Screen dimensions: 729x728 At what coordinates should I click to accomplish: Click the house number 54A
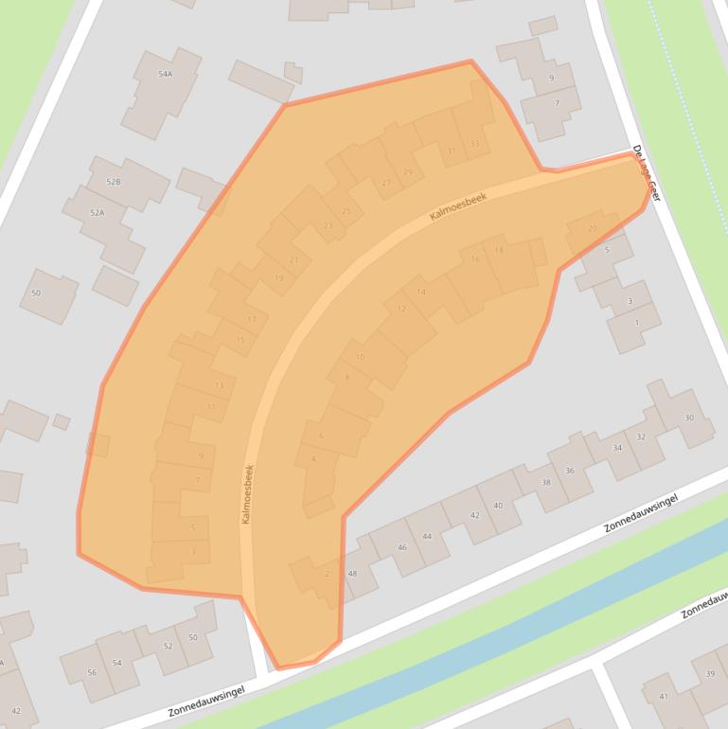tap(166, 74)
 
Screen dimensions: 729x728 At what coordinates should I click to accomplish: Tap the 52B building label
tap(114, 181)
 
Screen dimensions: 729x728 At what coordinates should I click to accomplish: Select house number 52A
tap(97, 213)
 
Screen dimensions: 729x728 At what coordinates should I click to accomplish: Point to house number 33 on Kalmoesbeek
tap(474, 143)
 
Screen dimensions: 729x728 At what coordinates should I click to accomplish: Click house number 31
tap(451, 151)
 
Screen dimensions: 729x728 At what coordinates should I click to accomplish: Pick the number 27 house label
tap(386, 183)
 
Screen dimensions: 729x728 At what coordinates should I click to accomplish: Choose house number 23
tap(328, 225)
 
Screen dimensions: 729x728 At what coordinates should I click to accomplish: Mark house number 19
tap(279, 278)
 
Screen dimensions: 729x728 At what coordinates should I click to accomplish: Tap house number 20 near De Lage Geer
tap(593, 228)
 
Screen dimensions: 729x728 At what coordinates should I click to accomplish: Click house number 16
tap(475, 259)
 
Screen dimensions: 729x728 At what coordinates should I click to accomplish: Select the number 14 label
tap(421, 292)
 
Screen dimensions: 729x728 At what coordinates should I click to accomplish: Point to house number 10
tap(360, 357)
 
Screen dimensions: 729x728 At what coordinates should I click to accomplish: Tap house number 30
tap(689, 418)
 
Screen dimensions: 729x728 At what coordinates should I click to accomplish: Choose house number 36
tap(569, 471)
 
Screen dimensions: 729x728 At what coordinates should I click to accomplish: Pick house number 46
tap(402, 547)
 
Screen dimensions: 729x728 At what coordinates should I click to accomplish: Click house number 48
tap(352, 574)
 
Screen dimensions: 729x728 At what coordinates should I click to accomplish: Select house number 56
tap(92, 672)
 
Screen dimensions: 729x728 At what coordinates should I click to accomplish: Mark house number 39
tap(709, 673)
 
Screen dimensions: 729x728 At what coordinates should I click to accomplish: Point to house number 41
tap(664, 697)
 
